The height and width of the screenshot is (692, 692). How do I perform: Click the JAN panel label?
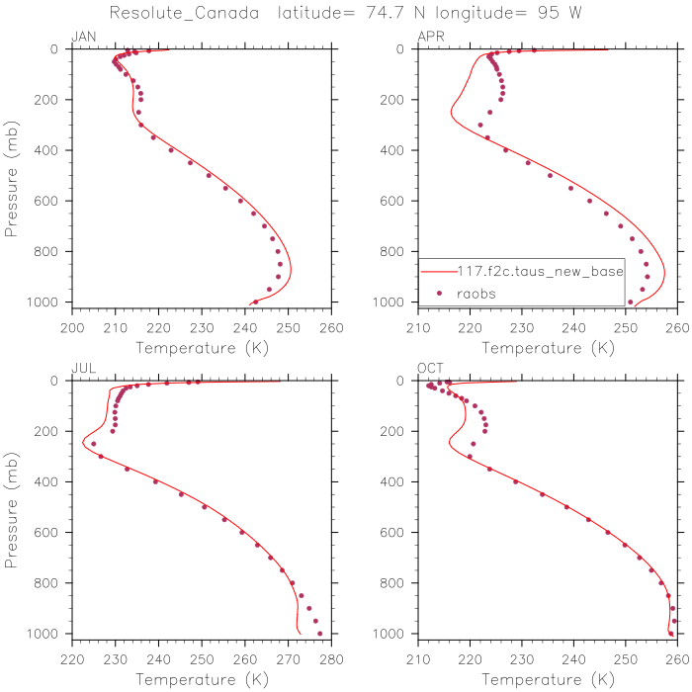pyautogui.click(x=83, y=37)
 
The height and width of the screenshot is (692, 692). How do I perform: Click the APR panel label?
pyautogui.click(x=430, y=37)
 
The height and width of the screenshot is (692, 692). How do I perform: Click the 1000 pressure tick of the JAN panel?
pyautogui.click(x=47, y=302)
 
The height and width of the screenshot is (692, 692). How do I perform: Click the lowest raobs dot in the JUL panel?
pyautogui.click(x=319, y=633)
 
